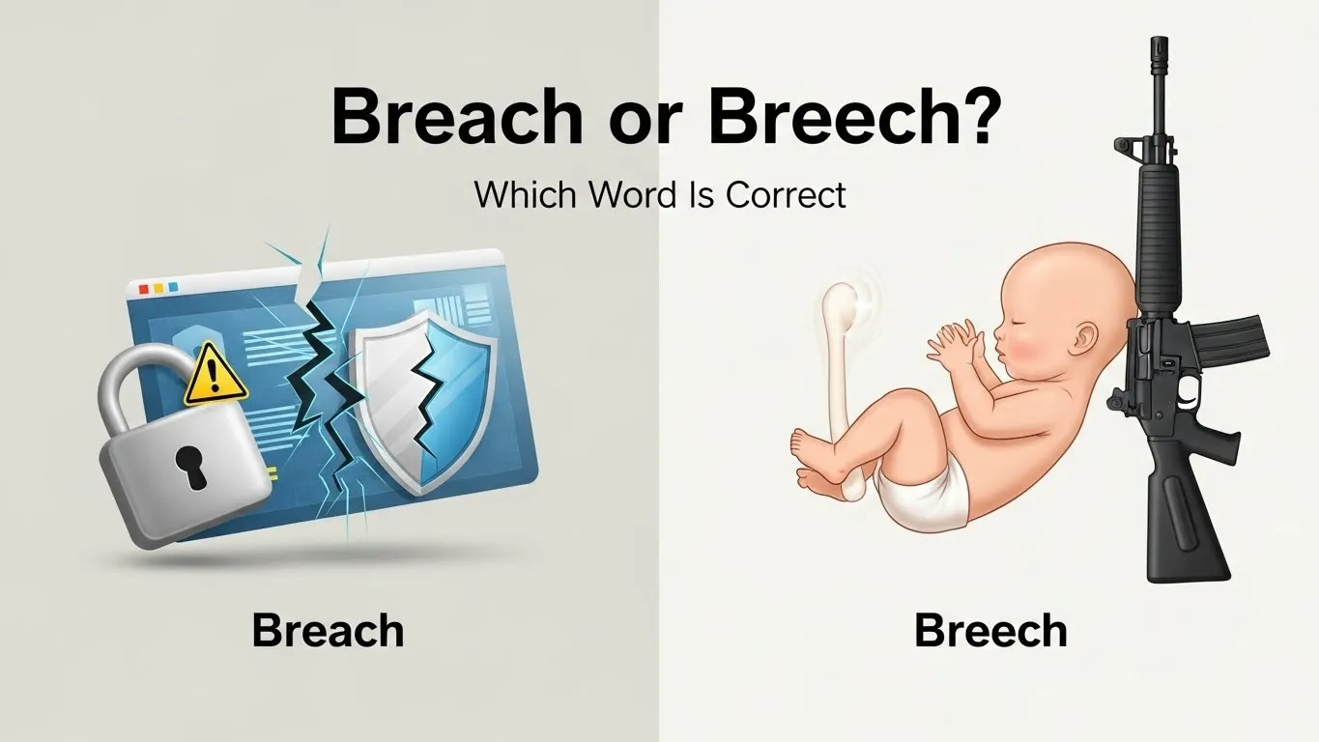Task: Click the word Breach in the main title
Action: tap(456, 118)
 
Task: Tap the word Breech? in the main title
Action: tap(851, 118)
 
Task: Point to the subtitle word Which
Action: tap(526, 195)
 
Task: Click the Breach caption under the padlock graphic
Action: tap(328, 631)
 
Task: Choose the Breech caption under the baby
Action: tap(990, 631)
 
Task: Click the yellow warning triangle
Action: tap(215, 376)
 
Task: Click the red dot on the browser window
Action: tap(144, 289)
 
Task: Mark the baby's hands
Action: tap(953, 344)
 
